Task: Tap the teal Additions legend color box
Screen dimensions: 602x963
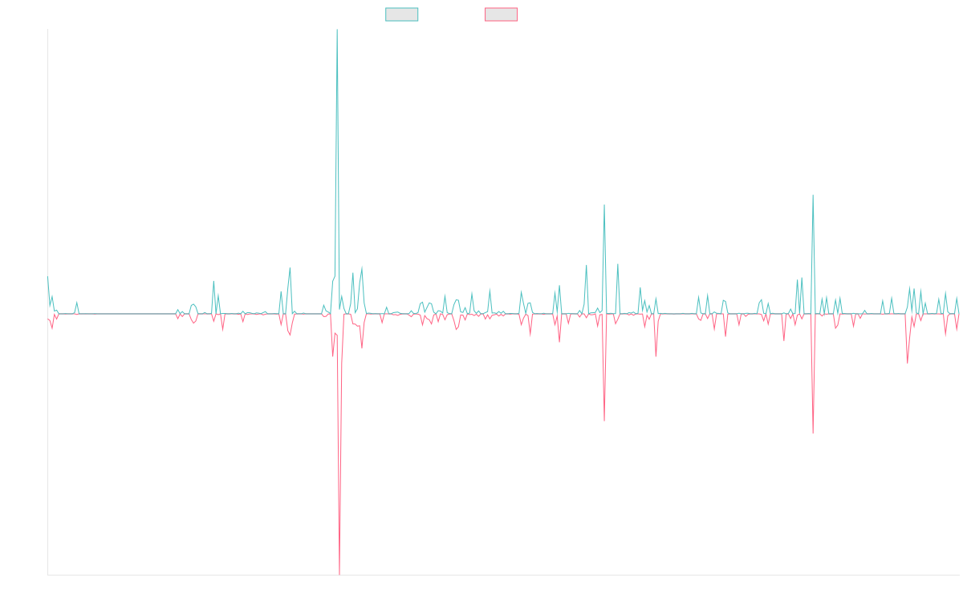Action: (x=402, y=14)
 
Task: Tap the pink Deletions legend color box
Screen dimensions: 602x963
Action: (x=502, y=14)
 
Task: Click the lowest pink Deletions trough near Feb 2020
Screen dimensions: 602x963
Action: (x=339, y=573)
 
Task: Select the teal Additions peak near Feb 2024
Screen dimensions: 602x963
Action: (x=813, y=195)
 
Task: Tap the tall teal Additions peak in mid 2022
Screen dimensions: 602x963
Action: (x=603, y=205)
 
